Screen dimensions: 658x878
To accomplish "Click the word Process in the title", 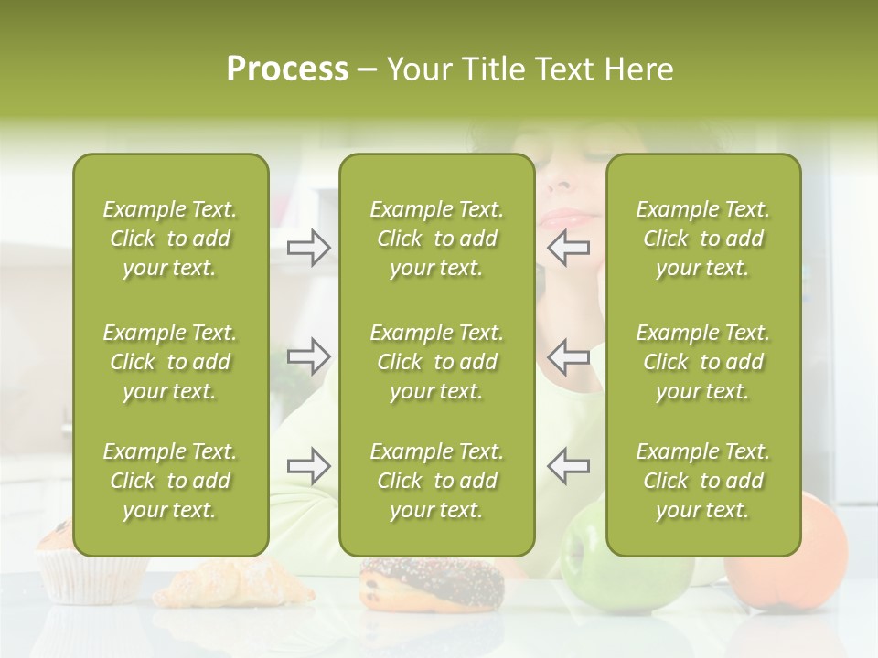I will click(x=287, y=69).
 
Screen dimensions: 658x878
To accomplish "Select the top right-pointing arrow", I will click(x=308, y=247).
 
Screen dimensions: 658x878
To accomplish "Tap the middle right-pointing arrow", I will click(x=308, y=356).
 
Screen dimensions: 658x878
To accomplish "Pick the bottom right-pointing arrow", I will click(x=308, y=466).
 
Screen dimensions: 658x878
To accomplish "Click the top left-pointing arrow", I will click(x=569, y=247).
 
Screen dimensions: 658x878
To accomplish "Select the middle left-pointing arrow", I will click(x=569, y=356).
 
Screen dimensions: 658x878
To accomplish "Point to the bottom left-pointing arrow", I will click(x=569, y=466).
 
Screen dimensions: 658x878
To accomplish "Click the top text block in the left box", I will click(x=170, y=239).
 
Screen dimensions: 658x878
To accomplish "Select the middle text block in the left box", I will click(x=170, y=362).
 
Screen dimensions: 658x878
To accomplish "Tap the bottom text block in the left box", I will click(x=170, y=481).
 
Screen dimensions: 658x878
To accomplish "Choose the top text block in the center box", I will click(x=436, y=239).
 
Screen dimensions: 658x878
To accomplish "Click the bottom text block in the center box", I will click(x=436, y=481).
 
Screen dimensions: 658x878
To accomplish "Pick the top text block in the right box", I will click(x=702, y=239).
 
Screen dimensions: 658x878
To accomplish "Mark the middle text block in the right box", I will click(x=702, y=362).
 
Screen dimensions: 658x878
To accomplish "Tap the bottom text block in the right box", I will click(x=702, y=481).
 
